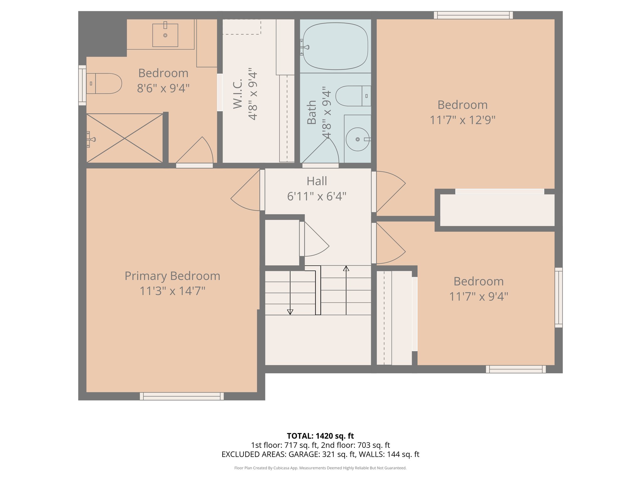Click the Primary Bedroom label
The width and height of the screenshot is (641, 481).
pos(172,276)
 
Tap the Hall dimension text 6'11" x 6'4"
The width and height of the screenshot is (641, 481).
pos(316,196)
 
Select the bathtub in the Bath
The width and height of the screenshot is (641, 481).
pos(335,46)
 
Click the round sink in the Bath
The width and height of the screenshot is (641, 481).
pos(357,139)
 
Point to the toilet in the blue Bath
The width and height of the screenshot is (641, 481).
pos(352,96)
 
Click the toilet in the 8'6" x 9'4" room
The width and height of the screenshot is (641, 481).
pos(104,84)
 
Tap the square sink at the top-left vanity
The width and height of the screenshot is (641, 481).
pos(165,35)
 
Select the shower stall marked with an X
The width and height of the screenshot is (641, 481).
pos(125,138)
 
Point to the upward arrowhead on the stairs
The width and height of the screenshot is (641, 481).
pos(346,269)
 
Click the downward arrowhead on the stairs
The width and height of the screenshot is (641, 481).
pos(290,312)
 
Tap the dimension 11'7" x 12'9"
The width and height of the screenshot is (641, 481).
pos(462,120)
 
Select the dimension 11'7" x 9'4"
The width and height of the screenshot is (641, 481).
pos(478,296)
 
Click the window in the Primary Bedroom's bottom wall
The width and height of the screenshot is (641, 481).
pos(182,396)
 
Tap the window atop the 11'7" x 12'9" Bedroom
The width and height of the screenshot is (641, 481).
pos(473,15)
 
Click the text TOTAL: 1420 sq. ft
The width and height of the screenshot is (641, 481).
pos(320,436)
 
